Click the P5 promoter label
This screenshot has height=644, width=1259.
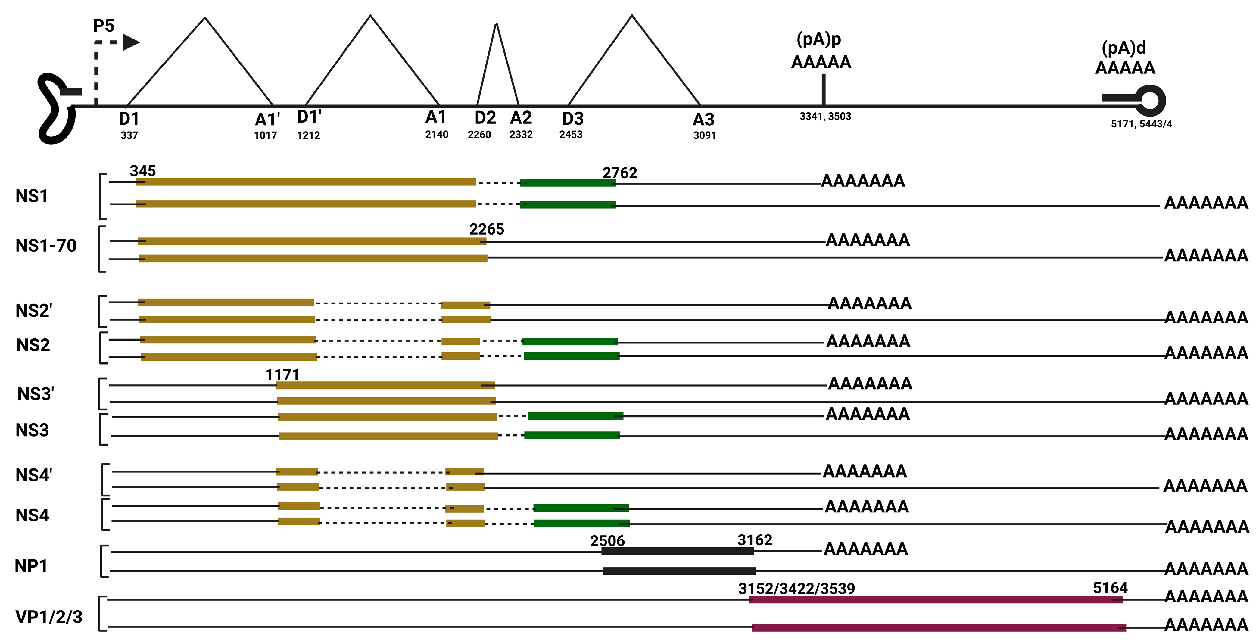[104, 25]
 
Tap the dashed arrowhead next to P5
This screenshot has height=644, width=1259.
[130, 42]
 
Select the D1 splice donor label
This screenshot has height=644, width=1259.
[129, 119]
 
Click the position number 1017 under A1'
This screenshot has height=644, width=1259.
[265, 135]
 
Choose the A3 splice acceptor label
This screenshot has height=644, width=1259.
[703, 119]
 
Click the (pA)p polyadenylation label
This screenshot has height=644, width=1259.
[819, 39]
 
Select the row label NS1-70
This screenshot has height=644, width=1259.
[46, 245]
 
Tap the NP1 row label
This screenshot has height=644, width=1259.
[31, 566]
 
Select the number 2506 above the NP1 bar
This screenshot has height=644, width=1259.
[607, 541]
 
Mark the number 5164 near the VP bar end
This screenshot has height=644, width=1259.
[1110, 587]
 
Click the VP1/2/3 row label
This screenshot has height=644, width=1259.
[49, 617]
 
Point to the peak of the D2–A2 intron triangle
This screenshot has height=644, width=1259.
[496, 24]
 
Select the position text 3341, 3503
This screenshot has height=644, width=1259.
[825, 116]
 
